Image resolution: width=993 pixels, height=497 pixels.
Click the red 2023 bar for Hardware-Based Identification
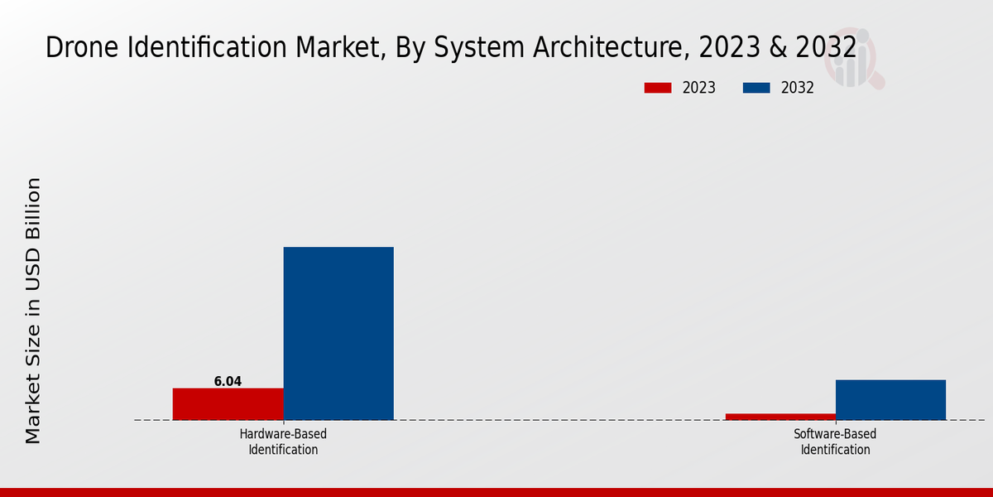228,404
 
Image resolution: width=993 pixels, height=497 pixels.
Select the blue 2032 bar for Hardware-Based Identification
338,333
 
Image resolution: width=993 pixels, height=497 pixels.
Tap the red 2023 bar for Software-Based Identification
780,417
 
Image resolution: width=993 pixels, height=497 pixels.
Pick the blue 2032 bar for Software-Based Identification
890,400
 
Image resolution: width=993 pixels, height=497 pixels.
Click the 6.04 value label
228,382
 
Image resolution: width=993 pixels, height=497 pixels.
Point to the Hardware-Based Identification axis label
283,442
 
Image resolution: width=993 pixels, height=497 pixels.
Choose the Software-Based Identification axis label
835,442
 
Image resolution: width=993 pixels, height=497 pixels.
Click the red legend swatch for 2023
658,88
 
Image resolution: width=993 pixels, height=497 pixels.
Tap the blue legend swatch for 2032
757,88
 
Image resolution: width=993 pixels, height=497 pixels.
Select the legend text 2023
699,88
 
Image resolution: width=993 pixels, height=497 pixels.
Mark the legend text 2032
798,88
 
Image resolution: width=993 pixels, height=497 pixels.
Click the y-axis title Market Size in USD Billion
33,311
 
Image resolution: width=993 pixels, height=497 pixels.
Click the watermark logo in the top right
856,58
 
